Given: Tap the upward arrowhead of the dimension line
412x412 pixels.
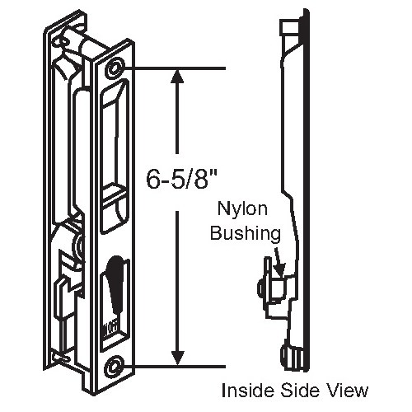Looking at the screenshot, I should point(176,76).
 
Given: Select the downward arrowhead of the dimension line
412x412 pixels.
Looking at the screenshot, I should point(176,358).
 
